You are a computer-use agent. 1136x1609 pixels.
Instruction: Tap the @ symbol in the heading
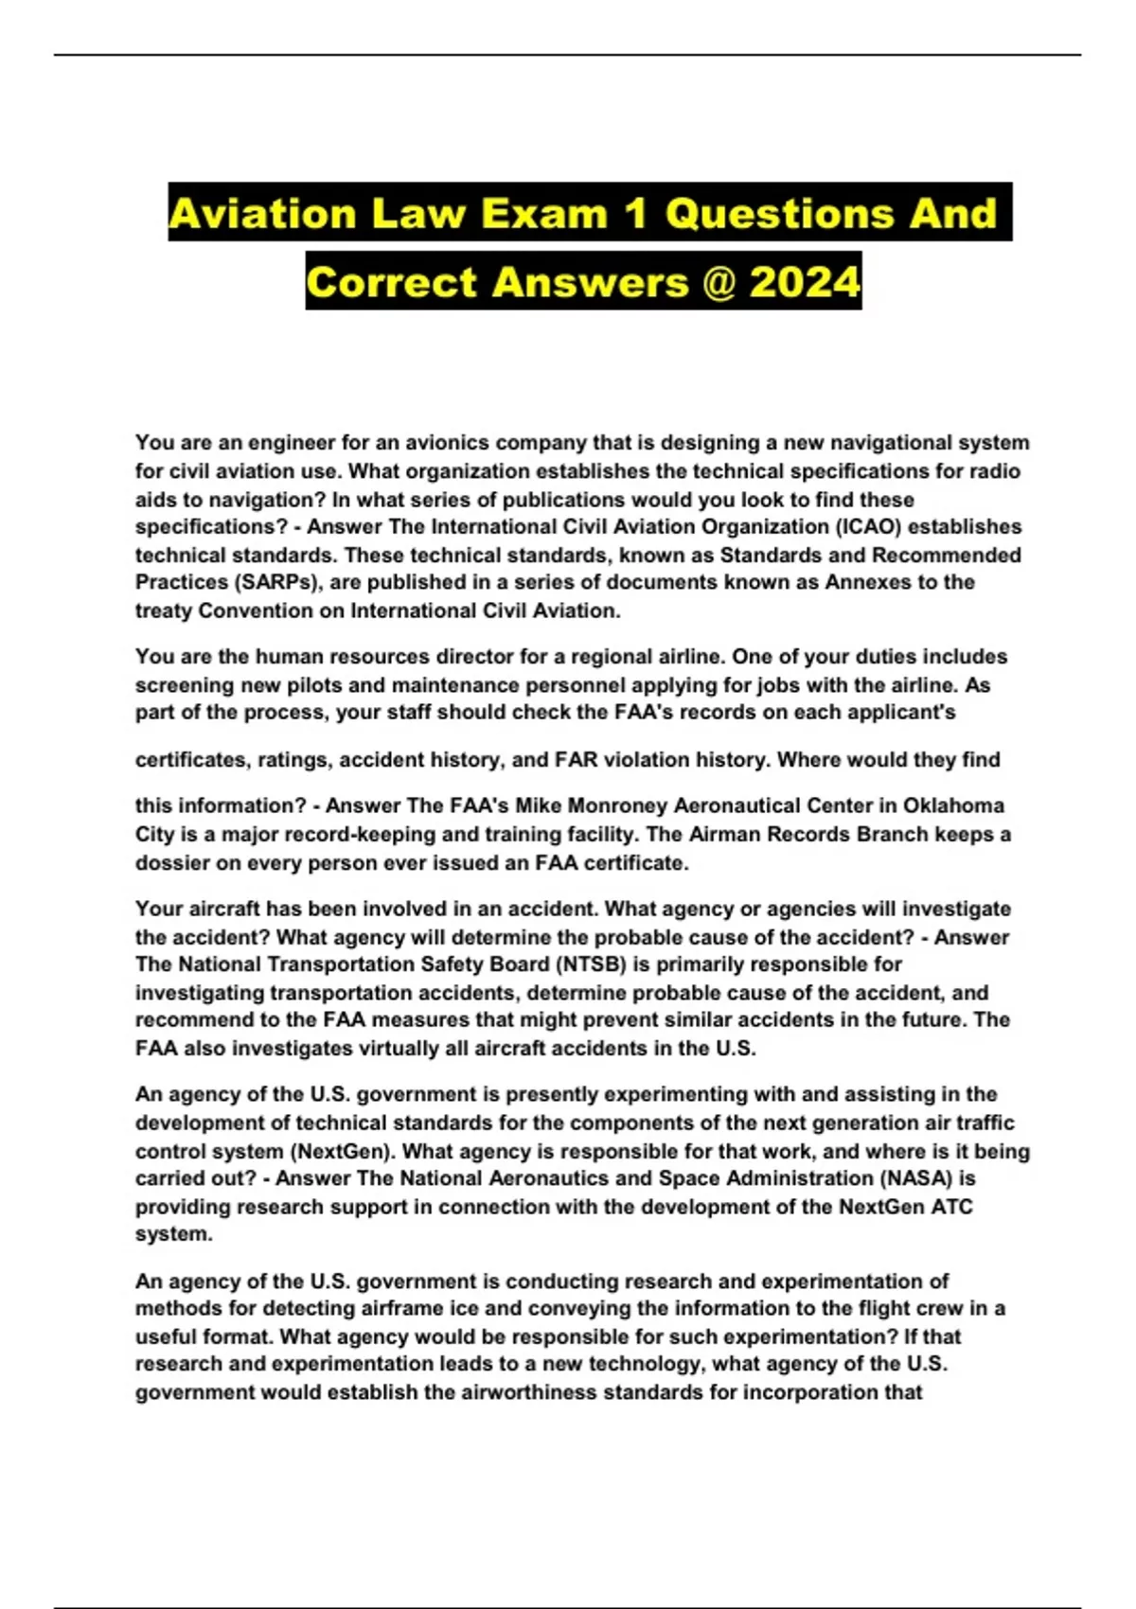coord(719,282)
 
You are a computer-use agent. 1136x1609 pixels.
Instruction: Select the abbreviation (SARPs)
coord(274,582)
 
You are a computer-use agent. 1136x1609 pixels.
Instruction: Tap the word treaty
coord(163,610)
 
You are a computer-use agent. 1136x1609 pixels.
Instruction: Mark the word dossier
coord(169,862)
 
